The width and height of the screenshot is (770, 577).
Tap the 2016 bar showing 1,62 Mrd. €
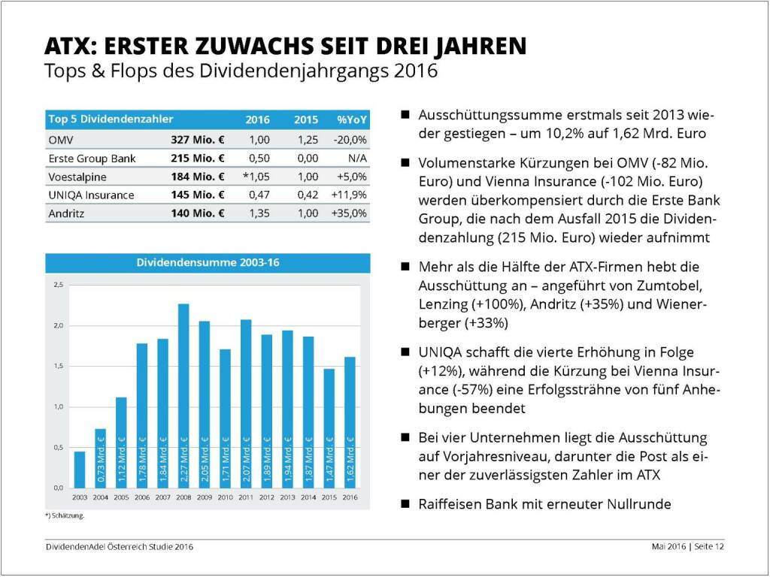tap(350, 421)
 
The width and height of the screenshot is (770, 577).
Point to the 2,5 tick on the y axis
tap(59, 285)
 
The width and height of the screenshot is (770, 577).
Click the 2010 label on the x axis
tap(225, 497)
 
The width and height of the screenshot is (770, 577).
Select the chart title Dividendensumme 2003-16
tap(208, 263)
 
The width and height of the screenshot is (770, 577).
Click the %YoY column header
tap(351, 119)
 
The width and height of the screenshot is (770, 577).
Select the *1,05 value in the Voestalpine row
tap(256, 177)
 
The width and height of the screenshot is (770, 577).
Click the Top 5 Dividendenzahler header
tap(111, 119)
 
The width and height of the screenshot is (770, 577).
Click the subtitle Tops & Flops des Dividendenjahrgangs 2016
tap(241, 71)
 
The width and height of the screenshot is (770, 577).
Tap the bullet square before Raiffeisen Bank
tap(405, 504)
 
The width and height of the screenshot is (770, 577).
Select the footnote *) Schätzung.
tap(65, 516)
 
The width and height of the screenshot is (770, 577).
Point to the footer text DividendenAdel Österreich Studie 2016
tap(118, 546)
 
